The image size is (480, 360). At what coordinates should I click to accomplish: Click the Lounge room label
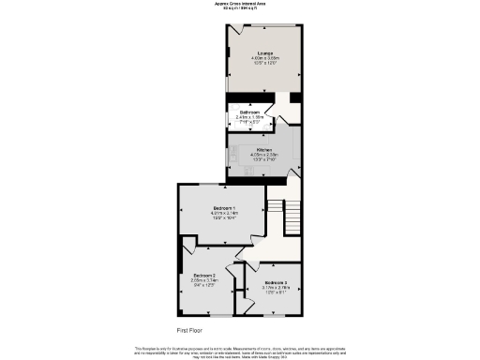(x=262, y=52)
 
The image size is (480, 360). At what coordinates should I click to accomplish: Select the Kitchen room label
(x=264, y=149)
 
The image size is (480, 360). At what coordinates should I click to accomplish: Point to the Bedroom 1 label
(x=224, y=207)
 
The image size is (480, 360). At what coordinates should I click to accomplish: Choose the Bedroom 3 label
(x=277, y=282)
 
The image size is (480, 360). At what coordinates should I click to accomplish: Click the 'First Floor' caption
(x=191, y=331)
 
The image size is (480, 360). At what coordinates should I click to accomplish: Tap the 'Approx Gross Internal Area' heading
(x=240, y=4)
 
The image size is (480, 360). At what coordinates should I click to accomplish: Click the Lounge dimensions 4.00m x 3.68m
(x=262, y=58)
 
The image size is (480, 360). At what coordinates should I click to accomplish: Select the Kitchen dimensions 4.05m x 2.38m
(x=264, y=155)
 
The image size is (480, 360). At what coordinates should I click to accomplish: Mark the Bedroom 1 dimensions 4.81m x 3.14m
(x=224, y=213)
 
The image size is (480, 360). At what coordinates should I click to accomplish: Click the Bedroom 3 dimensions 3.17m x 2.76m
(x=277, y=288)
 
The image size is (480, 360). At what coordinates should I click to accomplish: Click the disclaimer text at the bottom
(x=240, y=350)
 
